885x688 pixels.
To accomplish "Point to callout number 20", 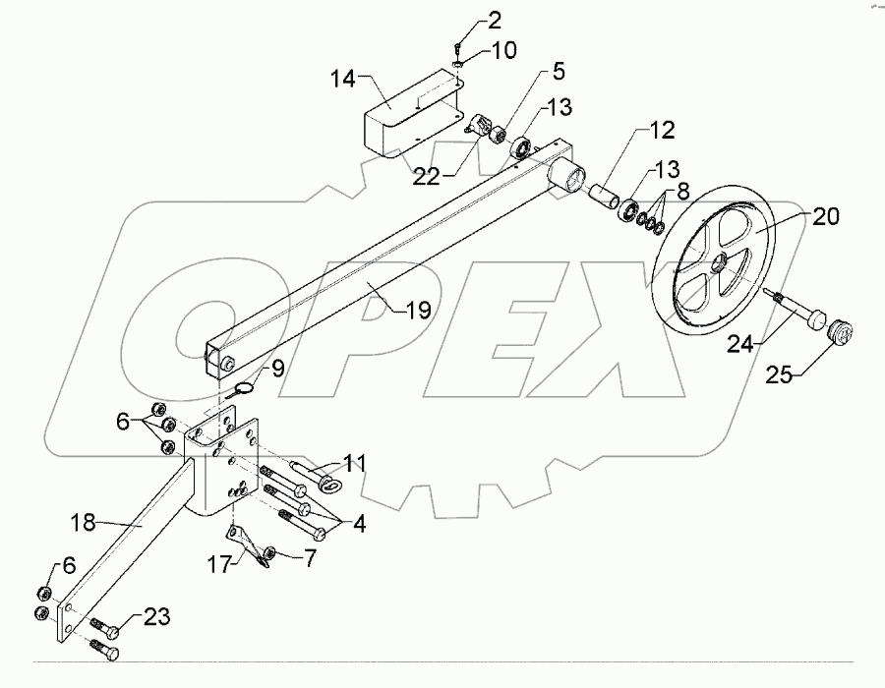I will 825,218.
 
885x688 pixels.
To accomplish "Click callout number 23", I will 156,617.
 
